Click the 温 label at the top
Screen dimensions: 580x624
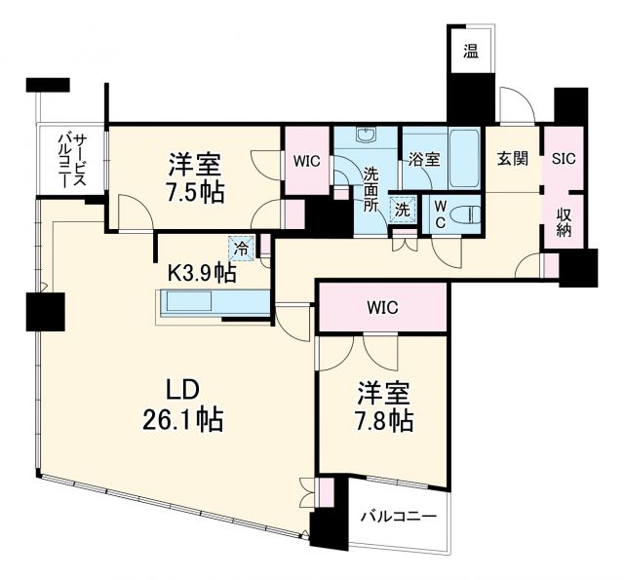(470, 52)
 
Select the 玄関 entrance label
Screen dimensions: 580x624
(514, 159)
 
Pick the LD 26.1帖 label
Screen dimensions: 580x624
(183, 405)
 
